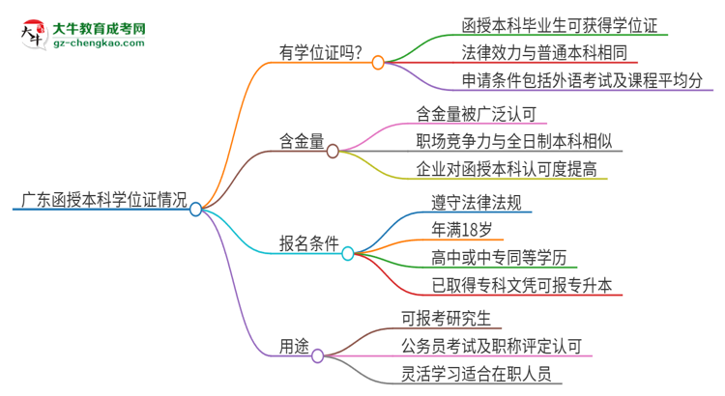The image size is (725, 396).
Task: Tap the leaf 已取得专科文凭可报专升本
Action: click(527, 285)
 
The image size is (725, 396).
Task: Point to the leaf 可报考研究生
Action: click(453, 316)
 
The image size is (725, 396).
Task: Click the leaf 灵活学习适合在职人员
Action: click(480, 374)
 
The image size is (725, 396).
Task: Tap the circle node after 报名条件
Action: click(348, 253)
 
